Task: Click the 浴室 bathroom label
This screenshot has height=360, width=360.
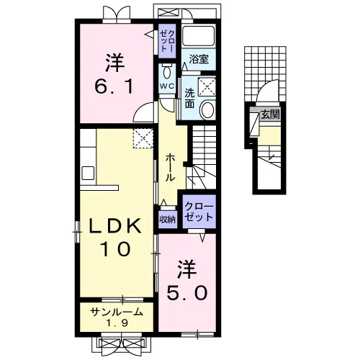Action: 199,59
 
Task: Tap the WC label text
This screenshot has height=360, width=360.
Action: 167,86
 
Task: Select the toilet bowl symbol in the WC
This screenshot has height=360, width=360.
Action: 167,71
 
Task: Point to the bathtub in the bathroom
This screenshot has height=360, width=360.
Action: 198,35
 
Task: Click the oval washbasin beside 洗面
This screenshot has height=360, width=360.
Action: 207,110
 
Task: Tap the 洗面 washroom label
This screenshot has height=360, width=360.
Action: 189,98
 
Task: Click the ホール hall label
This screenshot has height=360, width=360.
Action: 170,167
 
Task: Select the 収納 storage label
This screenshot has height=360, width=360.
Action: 168,220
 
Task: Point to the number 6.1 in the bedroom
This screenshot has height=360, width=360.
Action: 114,86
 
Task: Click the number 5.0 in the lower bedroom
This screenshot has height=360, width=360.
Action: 187,293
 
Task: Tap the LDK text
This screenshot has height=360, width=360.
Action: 115,226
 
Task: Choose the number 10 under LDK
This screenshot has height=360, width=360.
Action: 116,248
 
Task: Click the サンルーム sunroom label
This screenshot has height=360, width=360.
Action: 117,312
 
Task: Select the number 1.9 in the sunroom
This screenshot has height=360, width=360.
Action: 117,323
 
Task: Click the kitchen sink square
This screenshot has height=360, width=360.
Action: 88,173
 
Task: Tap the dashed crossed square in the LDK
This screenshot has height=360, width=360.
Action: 143,138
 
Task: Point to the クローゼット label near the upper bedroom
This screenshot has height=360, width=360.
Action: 167,41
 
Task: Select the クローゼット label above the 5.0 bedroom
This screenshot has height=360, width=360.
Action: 199,212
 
